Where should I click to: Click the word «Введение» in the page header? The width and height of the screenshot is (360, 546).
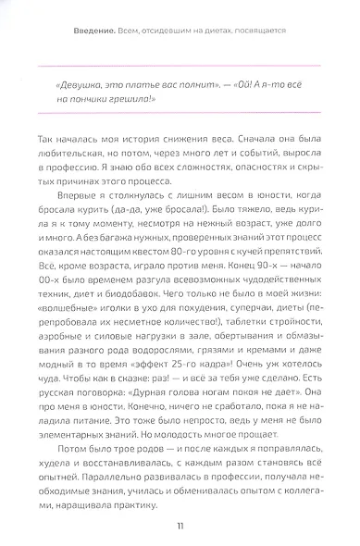click(x=95, y=31)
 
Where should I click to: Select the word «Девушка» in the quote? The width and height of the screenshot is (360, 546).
click(x=80, y=83)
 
